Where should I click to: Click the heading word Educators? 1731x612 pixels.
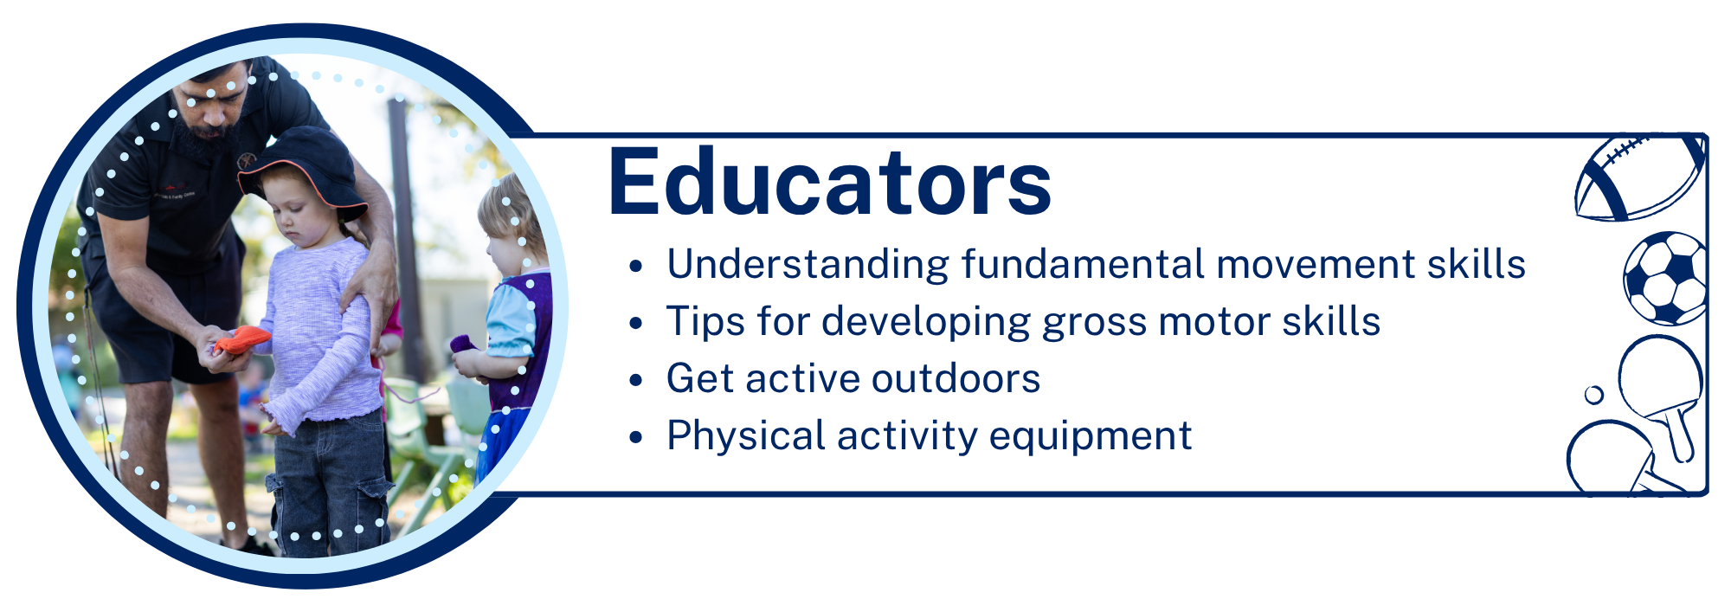(829, 184)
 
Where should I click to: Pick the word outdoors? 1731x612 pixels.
(956, 378)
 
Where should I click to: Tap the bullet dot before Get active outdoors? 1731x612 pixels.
(636, 380)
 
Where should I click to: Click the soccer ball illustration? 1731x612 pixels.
(1664, 277)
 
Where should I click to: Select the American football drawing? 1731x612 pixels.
(1638, 177)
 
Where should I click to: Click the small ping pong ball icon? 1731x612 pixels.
(1593, 395)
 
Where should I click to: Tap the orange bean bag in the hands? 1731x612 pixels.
(242, 339)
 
